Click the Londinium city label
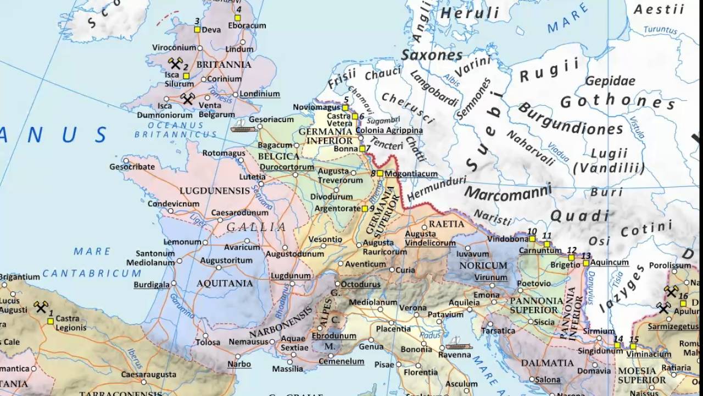point(260,94)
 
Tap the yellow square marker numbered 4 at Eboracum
point(238,18)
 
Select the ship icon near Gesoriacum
point(243,126)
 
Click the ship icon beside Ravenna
point(459,345)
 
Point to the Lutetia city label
point(252,177)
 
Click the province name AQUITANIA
point(225,283)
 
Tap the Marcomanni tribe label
point(507,191)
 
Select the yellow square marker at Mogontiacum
point(380,173)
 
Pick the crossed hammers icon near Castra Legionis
point(41,306)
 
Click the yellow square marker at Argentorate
point(365,208)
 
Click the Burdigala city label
point(151,285)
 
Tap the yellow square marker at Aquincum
point(586,263)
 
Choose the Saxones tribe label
point(432,55)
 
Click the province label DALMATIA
point(547,363)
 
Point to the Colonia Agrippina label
point(389,130)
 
